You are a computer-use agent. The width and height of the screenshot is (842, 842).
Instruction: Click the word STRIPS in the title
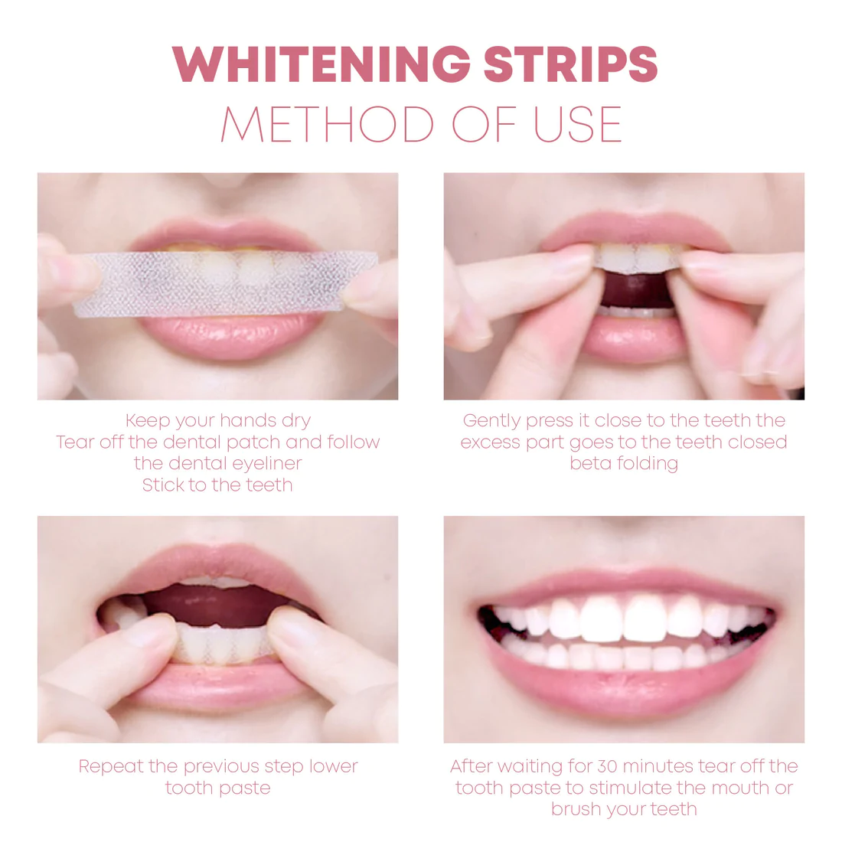pos(570,64)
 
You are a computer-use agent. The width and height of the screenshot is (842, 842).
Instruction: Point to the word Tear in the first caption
pos(74,442)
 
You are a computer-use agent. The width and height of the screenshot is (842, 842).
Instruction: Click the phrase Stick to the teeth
pos(217,485)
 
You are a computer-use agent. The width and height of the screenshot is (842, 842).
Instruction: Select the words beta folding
pos(624,464)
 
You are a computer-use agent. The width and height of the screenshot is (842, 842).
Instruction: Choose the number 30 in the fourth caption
pos(607,767)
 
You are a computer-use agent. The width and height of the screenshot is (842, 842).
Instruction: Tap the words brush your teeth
pos(624,810)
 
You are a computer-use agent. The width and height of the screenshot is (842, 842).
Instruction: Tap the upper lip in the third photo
pos(222,563)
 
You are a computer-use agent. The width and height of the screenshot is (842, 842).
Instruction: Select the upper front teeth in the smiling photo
pos(624,616)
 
